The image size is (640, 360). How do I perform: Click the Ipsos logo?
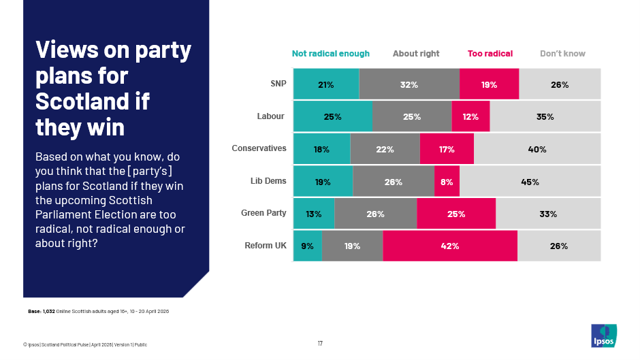tap(603, 335)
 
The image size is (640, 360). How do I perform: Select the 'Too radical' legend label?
tap(490, 54)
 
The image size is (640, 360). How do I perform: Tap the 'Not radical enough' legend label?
tap(330, 54)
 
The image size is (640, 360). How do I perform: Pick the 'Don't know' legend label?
tap(562, 54)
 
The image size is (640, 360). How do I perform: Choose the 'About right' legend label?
tap(416, 54)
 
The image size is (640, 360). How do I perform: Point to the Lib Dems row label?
tap(268, 181)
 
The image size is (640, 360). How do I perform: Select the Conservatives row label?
tap(259, 148)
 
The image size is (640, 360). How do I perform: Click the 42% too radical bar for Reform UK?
tap(450, 246)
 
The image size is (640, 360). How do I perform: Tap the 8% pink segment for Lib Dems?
tap(447, 182)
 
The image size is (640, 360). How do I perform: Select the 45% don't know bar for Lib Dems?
tap(530, 182)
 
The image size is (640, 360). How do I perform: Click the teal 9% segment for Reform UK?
tap(307, 246)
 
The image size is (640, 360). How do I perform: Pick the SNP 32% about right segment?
tap(409, 85)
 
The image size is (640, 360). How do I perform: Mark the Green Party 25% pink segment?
tap(456, 214)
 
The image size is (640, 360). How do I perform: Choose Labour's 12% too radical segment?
tap(470, 116)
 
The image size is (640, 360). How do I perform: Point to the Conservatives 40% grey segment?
tap(537, 149)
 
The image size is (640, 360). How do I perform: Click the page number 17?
tap(320, 343)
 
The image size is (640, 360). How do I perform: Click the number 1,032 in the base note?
tap(48, 311)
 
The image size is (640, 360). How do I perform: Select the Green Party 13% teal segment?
tap(314, 214)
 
